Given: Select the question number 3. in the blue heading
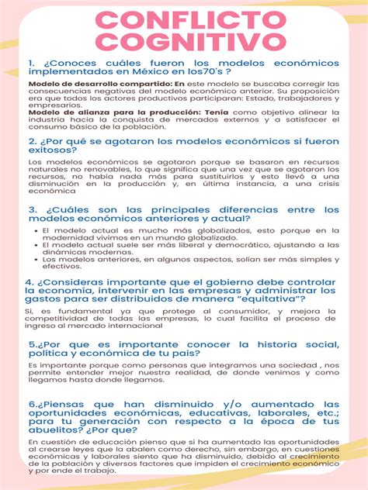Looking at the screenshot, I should tap(32, 209).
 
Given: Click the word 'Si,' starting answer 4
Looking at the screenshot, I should tap(32, 311).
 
